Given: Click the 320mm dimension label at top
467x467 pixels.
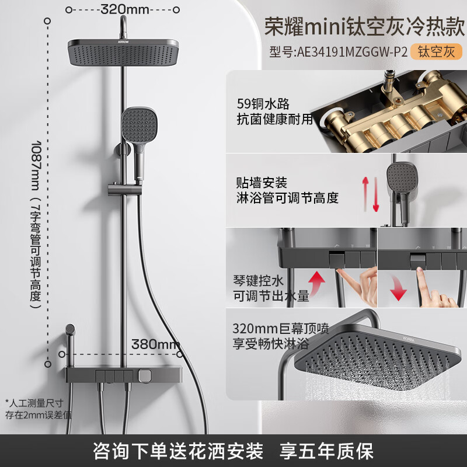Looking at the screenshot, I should (125, 9).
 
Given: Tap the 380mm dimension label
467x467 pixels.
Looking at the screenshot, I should (155, 344).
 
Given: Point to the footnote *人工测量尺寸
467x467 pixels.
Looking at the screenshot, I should (34, 402).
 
